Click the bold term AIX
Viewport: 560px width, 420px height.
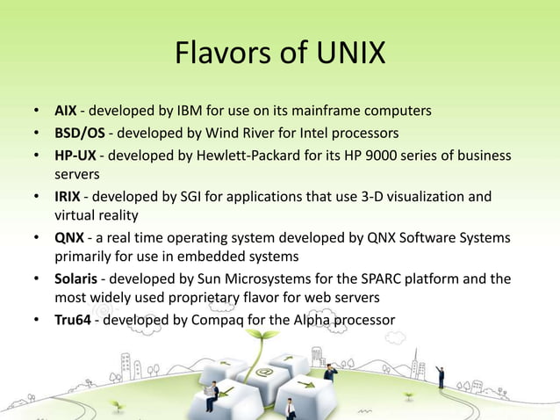[65, 112]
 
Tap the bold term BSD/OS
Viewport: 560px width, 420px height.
[82, 134]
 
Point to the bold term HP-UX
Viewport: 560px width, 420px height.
[75, 156]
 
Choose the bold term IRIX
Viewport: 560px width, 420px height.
[68, 196]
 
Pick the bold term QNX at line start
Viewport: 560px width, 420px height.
[69, 238]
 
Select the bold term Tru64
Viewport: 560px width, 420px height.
[73, 320]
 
